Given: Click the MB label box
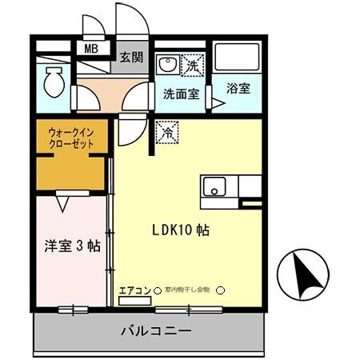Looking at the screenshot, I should point(92,49).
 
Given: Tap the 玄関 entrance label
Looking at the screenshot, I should point(130,58).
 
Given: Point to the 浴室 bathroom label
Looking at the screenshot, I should point(238,88).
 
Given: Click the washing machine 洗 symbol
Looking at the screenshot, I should point(194,63).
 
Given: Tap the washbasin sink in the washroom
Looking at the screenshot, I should point(168,63).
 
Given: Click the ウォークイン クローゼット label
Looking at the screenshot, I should point(71,138).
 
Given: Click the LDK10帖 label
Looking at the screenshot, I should point(182,230).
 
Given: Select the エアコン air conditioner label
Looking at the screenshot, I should point(135,290).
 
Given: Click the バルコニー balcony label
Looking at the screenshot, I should point(156,330).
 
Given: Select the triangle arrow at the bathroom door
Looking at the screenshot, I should point(217,102).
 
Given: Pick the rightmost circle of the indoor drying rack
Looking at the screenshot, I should point(222,290).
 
